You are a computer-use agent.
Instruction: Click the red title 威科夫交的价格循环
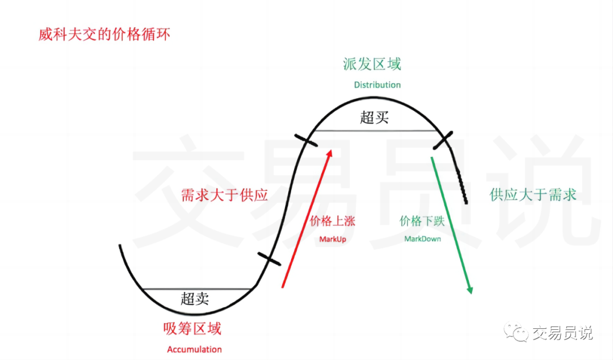pos(104,35)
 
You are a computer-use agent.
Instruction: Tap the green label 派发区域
pos(372,64)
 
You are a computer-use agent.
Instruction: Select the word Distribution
pos(377,85)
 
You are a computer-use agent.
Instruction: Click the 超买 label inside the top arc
pos(375,118)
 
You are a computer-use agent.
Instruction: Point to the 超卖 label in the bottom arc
pos(195,299)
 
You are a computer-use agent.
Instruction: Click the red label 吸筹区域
pos(192,329)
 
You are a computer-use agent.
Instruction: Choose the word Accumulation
pos(194,349)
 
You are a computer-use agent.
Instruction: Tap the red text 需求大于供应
pos(224,195)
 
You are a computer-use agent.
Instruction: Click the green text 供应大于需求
pos(533,194)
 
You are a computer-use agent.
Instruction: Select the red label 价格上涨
pos(332,221)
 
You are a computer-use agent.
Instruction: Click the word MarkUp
pos(333,239)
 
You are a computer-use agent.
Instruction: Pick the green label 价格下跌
pos(422,221)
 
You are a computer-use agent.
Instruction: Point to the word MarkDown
pos(423,238)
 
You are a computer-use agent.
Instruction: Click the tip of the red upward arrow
pos(331,149)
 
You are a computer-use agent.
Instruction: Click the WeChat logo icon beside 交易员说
pos(516,333)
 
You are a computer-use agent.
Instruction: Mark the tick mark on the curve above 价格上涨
pos(306,140)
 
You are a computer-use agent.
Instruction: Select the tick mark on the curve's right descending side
pos(443,140)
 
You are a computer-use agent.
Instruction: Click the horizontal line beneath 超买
pos(375,131)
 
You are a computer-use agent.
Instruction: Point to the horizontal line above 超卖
pos(198,289)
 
